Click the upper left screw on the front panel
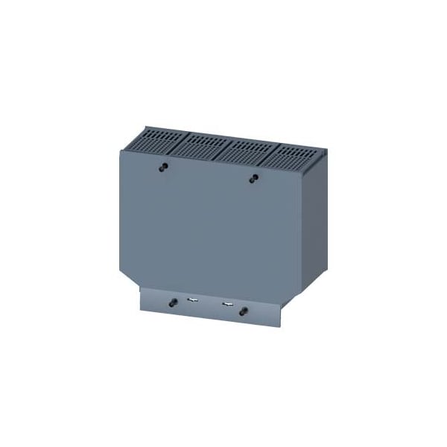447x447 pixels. (162, 167)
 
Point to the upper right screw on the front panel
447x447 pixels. (254, 178)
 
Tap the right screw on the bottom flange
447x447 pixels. (243, 311)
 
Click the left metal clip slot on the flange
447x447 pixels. (193, 302)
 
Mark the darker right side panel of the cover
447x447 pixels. (314, 223)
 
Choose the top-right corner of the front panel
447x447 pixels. (302, 168)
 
